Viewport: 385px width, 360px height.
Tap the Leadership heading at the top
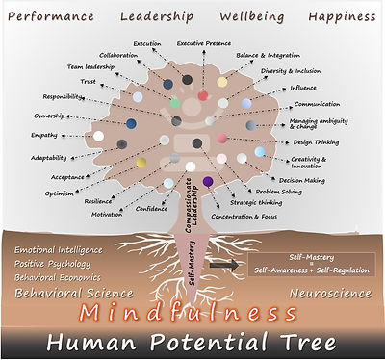pyautogui.click(x=156, y=16)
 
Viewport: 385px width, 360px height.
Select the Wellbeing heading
pyautogui.click(x=251, y=16)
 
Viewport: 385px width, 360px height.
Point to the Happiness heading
pyautogui.click(x=341, y=16)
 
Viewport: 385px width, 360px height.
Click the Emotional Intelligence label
pyautogui.click(x=58, y=250)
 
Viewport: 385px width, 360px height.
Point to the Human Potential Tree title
pyautogui.click(x=192, y=343)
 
